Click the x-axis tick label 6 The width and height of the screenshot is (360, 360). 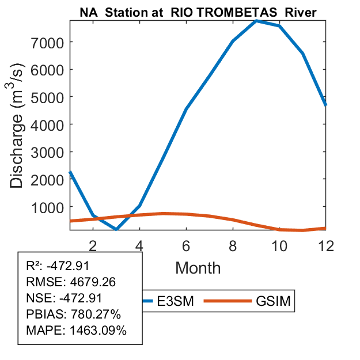(186, 245)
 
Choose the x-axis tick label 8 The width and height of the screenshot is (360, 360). (233, 245)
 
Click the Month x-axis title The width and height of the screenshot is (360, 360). (198, 267)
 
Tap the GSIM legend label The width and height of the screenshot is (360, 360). (272, 301)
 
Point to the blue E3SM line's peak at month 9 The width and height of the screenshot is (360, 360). (256, 20)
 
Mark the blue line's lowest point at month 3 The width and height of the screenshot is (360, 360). (116, 229)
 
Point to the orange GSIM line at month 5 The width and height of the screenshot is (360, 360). (163, 213)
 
